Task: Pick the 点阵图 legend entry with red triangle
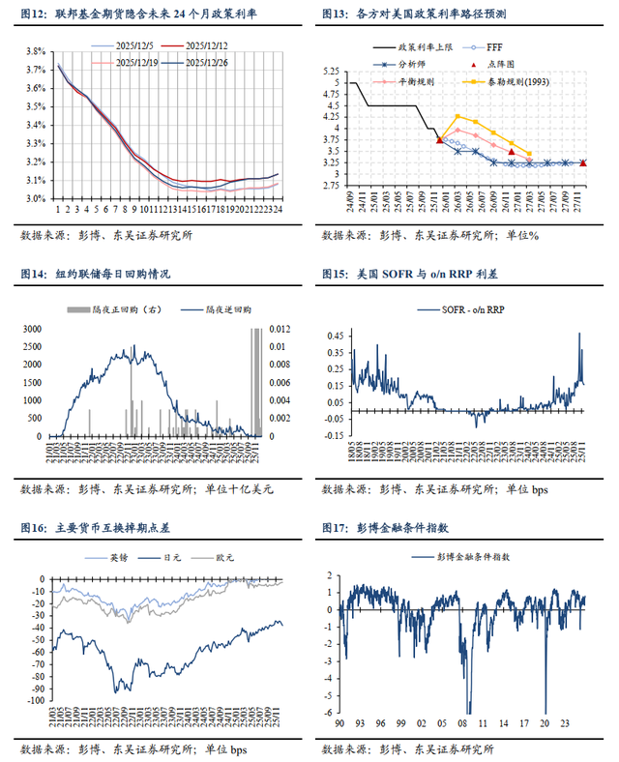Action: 493,64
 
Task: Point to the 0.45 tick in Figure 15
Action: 332,337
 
